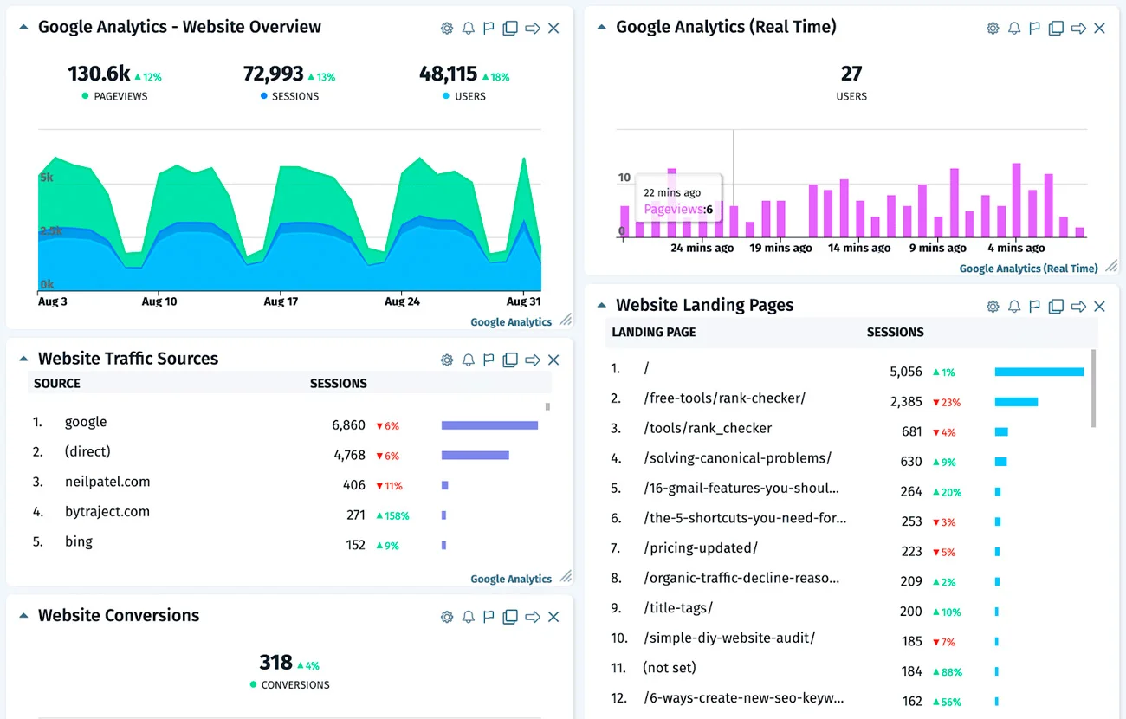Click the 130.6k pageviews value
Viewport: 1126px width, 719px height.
click(99, 74)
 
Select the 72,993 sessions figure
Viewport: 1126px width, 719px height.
click(273, 74)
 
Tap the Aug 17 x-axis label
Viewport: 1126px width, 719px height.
click(281, 301)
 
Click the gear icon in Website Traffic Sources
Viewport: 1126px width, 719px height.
click(447, 359)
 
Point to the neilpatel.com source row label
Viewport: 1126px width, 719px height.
click(107, 482)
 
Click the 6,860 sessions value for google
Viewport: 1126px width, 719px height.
click(348, 425)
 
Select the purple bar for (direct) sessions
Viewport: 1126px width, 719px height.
click(475, 455)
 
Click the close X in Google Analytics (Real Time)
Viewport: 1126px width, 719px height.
click(1099, 29)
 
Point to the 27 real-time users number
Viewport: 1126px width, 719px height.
click(851, 74)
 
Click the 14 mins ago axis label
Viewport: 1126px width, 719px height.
click(858, 248)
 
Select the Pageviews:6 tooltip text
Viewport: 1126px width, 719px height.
click(678, 210)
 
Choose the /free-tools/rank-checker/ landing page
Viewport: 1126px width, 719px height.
click(725, 398)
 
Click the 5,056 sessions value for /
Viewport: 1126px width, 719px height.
click(905, 372)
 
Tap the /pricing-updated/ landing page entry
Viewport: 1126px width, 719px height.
click(702, 548)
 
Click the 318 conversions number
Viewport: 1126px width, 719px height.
click(275, 663)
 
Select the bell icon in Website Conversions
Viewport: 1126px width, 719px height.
click(469, 617)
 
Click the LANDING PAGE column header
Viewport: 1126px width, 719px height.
click(654, 332)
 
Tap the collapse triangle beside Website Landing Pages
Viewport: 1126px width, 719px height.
click(602, 306)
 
